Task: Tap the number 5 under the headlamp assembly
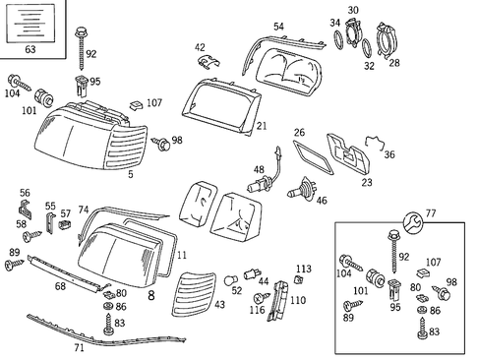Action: [130, 176]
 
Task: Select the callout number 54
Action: [278, 27]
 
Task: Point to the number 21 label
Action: [262, 126]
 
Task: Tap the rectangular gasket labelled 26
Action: [315, 153]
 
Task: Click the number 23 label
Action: [367, 181]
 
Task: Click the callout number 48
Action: [259, 169]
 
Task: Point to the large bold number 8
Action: [150, 294]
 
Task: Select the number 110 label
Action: [298, 300]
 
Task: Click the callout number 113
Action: [303, 269]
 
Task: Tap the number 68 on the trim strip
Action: [60, 286]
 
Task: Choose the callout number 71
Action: [80, 346]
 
